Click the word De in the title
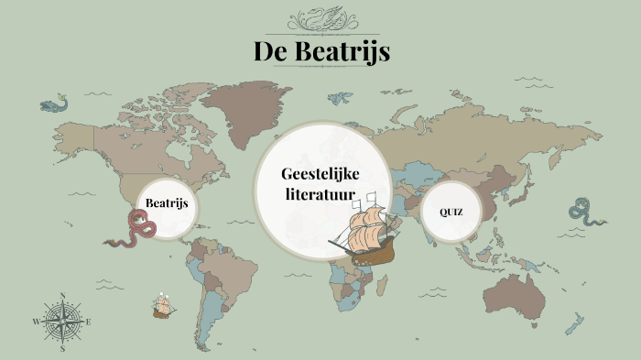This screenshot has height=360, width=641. tap(272, 52)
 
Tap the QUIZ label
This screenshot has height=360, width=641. tap(451, 213)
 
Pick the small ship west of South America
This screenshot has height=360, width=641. tap(164, 306)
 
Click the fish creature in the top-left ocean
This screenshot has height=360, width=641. tap(54, 104)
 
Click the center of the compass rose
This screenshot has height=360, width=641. tap(62, 322)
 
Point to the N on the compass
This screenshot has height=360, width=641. tap(62, 296)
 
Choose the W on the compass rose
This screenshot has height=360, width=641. tap(37, 322)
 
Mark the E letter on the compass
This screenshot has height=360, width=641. tap(88, 322)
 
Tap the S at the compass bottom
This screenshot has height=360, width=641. tap(62, 349)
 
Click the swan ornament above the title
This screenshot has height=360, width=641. tap(321, 18)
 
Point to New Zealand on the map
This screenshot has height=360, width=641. tap(574, 322)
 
